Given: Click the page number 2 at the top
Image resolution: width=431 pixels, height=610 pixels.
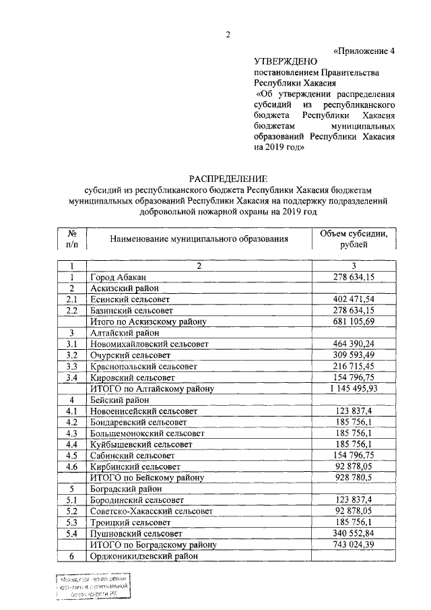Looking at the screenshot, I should tap(228, 36).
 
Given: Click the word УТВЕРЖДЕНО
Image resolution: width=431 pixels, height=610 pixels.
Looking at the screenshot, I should tap(287, 61).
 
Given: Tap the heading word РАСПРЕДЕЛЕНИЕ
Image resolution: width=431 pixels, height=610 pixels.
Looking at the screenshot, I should tap(228, 178).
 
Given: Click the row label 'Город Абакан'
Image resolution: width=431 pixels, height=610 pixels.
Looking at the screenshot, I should tap(118, 277).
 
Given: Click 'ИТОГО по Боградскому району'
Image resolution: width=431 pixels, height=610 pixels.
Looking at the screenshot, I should tap(152, 544).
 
